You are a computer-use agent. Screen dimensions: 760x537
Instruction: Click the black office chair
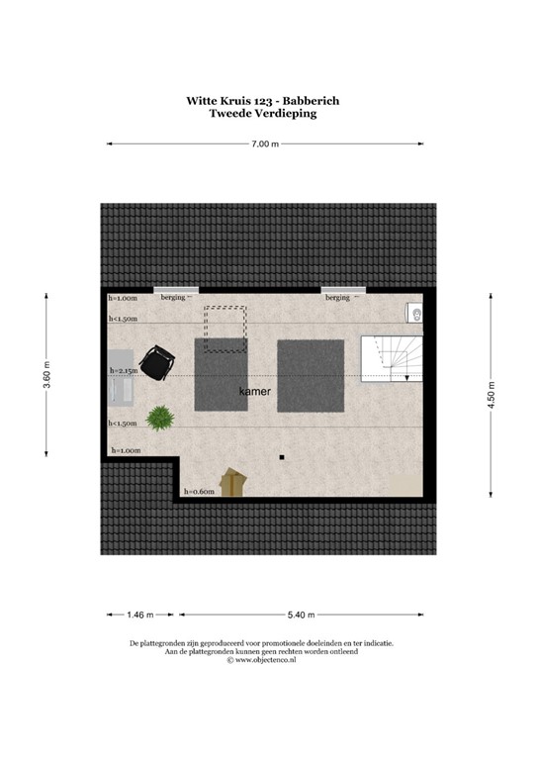tap(155, 362)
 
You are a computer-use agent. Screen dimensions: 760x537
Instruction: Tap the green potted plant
tap(158, 419)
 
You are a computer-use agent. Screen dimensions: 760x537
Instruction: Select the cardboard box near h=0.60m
tap(233, 482)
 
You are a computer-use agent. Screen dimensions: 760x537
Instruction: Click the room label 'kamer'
tap(254, 392)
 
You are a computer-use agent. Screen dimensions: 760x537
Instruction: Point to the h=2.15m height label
tap(125, 371)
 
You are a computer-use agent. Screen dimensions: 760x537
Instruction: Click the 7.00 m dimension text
tap(264, 144)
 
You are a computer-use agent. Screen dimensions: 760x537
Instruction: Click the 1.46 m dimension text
tap(140, 615)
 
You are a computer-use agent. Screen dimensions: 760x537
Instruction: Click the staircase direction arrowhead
tap(406, 377)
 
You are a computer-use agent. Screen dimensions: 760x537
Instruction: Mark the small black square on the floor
tap(282, 457)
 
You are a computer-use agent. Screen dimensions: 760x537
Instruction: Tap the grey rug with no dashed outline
tap(311, 375)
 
